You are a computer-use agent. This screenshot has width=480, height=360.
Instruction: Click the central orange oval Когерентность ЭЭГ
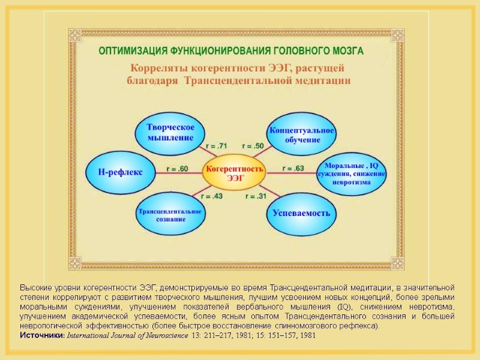[x=235, y=173]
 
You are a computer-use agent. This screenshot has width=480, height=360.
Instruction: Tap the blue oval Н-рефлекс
[x=120, y=172]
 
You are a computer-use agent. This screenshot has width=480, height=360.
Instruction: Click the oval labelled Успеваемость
[x=301, y=214]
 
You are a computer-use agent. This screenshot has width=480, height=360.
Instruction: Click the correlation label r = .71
[x=217, y=146]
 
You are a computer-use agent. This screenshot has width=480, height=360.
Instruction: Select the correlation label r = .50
[x=253, y=146]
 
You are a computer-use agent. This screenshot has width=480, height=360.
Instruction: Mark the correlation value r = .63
[x=293, y=168]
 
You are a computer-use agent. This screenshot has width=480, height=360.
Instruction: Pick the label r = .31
[x=256, y=196]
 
